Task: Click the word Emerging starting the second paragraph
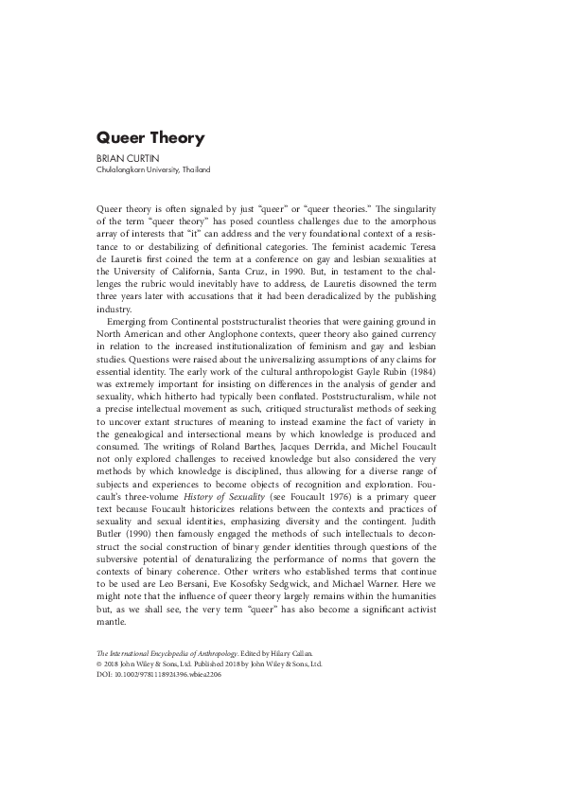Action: click(x=131, y=323)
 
